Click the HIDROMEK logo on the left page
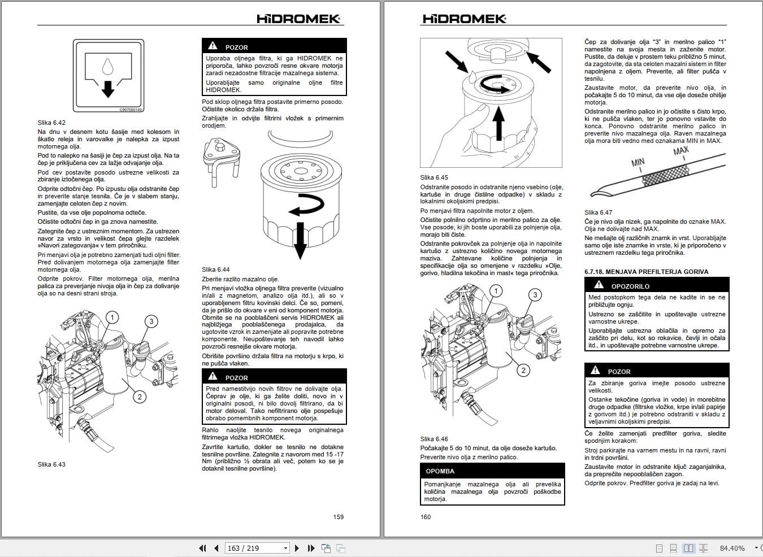[298, 19]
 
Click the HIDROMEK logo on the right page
[464, 19]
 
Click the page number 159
[338, 516]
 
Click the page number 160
[426, 516]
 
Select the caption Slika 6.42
[51, 123]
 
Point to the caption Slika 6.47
[598, 212]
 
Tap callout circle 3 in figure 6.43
[151, 321]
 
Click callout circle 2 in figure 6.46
[523, 370]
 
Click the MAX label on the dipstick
[681, 151]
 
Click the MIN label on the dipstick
[638, 163]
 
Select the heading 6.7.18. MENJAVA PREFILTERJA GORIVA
[646, 272]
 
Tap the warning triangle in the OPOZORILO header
[599, 285]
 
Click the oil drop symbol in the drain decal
[107, 68]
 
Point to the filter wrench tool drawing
[223, 162]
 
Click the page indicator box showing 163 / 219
[257, 548]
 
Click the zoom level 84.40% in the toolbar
[732, 548]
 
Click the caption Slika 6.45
[433, 177]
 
